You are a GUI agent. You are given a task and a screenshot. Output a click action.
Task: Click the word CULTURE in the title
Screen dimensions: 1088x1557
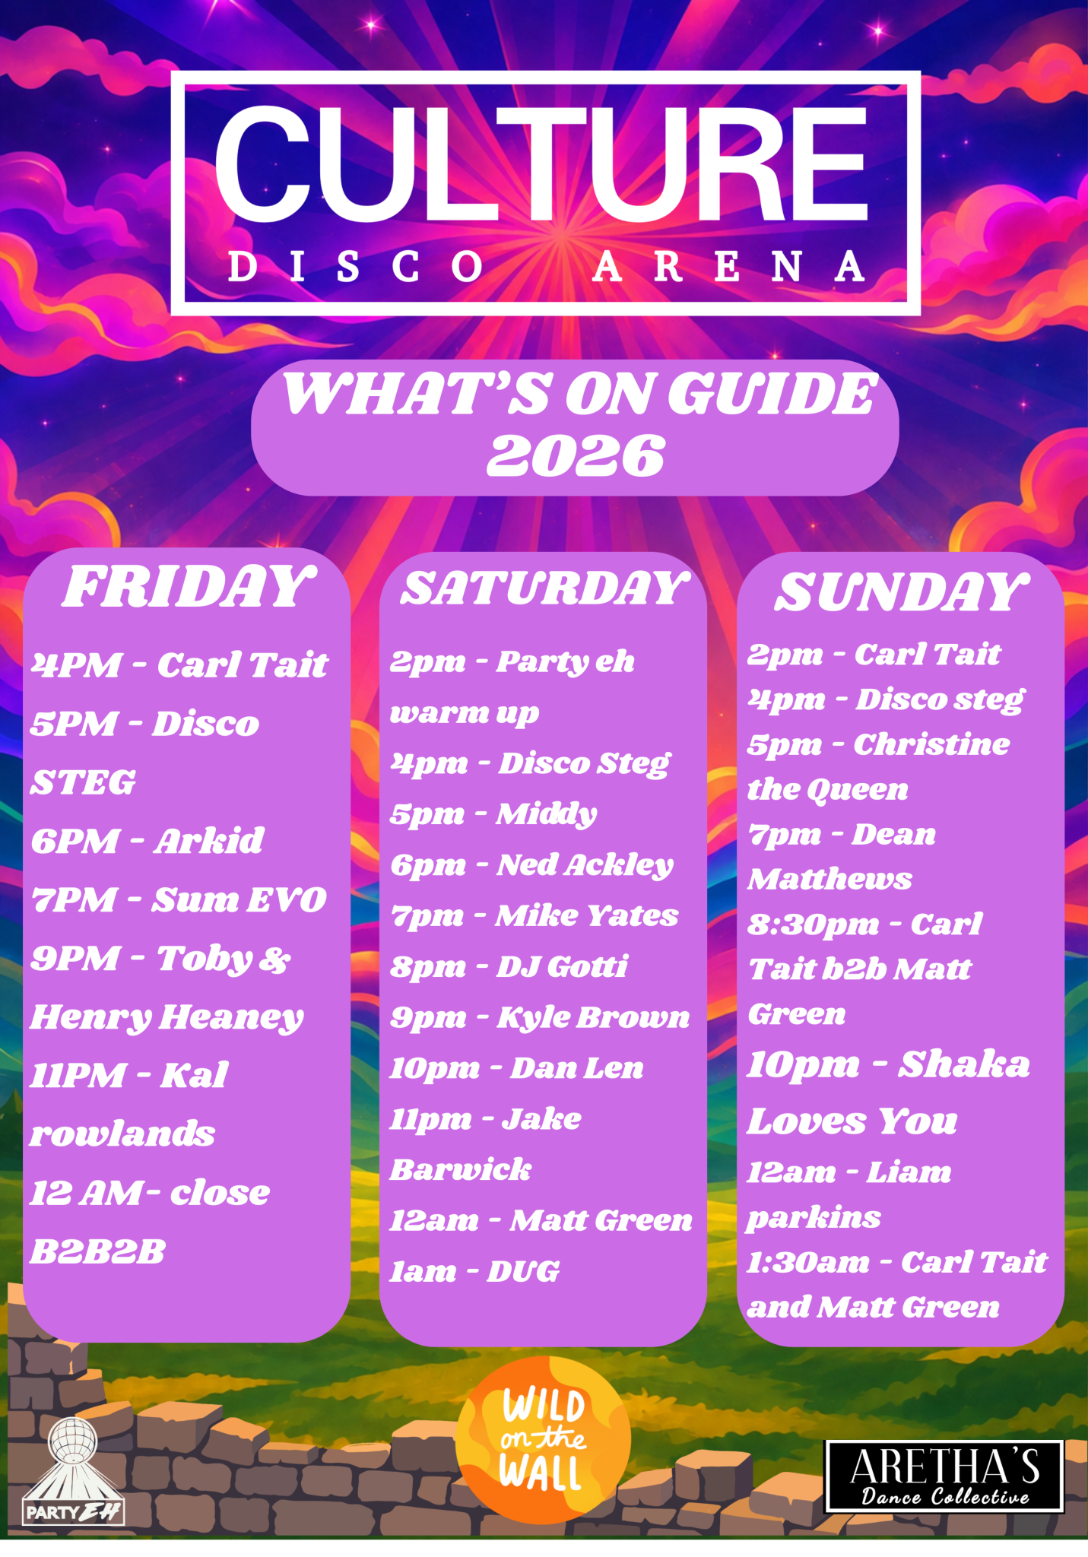541,163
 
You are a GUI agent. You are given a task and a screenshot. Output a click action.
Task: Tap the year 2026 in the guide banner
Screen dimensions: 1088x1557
576,456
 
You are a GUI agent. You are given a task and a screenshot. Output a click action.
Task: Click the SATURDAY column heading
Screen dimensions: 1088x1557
544,588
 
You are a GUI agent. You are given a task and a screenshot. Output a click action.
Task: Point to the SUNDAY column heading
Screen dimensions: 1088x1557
902,591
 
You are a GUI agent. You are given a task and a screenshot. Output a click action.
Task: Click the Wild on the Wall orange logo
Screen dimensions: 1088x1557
543,1440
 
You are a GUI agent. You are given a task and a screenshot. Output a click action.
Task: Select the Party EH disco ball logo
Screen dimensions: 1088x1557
73,1472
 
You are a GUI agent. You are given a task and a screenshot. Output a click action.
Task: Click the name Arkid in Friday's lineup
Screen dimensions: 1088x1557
209,842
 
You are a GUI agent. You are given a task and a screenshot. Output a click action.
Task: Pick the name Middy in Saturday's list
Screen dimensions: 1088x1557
547,814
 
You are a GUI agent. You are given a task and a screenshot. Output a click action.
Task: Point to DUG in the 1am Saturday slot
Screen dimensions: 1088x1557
523,1271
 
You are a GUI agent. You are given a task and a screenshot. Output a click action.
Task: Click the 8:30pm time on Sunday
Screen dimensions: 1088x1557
813,925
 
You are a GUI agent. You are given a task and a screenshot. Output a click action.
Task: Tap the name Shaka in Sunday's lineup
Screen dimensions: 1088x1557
964,1064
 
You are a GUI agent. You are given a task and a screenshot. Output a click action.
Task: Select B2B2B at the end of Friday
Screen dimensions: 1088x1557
97,1251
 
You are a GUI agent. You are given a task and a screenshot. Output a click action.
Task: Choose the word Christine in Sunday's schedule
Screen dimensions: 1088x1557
931,744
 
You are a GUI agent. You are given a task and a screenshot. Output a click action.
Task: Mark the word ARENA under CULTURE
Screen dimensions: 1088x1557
728,267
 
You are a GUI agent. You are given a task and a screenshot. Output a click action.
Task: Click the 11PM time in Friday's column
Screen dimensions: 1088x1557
77,1076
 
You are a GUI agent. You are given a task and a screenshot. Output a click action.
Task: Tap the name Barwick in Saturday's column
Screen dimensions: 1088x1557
461,1169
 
